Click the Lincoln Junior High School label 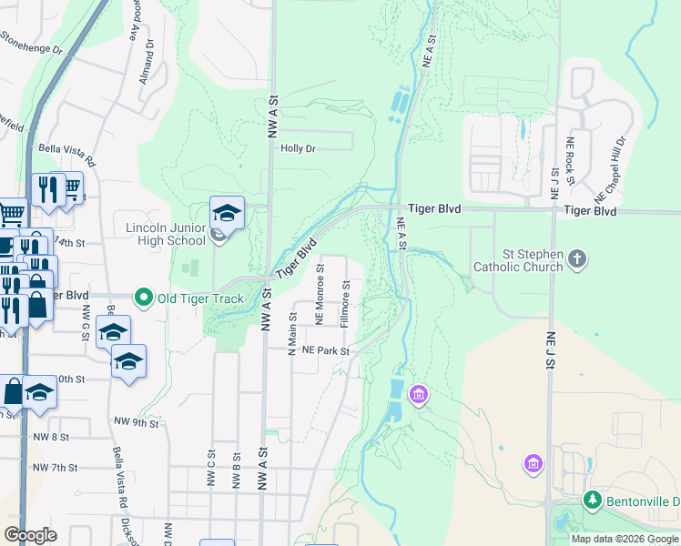pyautogui.click(x=164, y=233)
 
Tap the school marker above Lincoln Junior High pyautogui.click(x=227, y=214)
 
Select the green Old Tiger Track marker pyautogui.click(x=143, y=297)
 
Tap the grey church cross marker pyautogui.click(x=576, y=260)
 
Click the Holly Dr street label pyautogui.click(x=298, y=148)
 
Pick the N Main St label pyautogui.click(x=293, y=334)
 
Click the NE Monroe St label pyautogui.click(x=320, y=294)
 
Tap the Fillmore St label pyautogui.click(x=345, y=304)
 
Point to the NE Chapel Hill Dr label pyautogui.click(x=610, y=169)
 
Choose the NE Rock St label pyautogui.click(x=571, y=163)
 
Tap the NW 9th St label pyautogui.click(x=137, y=423)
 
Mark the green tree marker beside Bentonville pyautogui.click(x=592, y=500)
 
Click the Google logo pyautogui.click(x=30, y=535)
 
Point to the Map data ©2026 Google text pyautogui.click(x=625, y=539)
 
